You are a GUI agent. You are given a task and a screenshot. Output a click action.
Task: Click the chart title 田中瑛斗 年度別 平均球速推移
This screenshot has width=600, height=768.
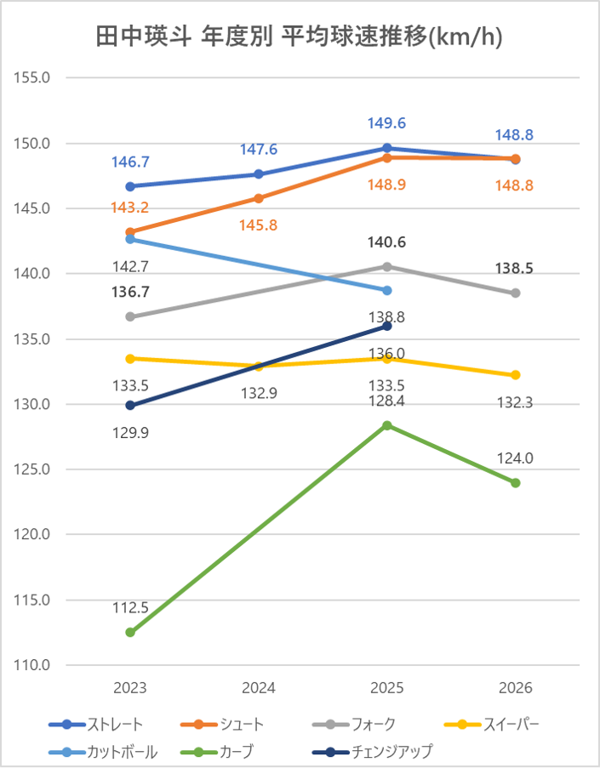pos(260,37)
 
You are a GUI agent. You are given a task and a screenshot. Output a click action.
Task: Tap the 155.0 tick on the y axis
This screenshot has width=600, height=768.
pos(31,77)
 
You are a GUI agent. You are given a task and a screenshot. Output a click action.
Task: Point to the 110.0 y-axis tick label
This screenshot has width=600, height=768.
pos(31,665)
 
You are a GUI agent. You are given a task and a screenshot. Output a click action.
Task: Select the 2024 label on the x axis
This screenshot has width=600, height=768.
pos(259,688)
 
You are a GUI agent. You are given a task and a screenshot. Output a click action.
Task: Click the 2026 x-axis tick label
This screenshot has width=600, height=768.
pos(515,688)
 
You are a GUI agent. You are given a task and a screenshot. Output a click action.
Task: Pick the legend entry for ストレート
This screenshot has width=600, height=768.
pos(96,725)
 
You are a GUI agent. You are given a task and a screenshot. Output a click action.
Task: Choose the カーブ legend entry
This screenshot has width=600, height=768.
pos(217,751)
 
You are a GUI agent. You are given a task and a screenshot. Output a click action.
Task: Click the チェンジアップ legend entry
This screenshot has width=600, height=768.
pos(373,751)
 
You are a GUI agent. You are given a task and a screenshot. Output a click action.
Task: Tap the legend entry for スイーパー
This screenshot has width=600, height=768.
pos(491,725)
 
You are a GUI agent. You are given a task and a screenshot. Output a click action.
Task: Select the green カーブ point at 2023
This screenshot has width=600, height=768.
pos(130,632)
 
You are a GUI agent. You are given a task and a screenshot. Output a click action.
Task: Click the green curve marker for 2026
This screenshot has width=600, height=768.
pos(515,483)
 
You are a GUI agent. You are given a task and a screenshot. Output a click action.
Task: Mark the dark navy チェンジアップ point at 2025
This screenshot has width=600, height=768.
pos(386,327)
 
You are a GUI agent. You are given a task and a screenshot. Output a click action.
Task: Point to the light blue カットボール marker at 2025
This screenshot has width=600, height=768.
pos(386,291)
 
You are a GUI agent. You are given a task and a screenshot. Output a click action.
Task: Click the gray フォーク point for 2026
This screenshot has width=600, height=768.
pos(515,293)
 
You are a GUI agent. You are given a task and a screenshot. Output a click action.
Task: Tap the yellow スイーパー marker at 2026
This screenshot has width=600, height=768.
pos(515,375)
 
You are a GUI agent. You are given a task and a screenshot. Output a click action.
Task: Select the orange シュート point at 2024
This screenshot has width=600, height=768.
pos(259,198)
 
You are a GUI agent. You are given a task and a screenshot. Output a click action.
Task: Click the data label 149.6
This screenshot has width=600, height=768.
pos(386,123)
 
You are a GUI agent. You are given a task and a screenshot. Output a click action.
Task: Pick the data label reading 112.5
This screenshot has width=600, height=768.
pos(130,608)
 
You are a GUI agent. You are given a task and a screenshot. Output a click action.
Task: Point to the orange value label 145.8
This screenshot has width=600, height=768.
pos(259,225)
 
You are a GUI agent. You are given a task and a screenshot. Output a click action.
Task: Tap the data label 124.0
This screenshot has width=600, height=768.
pos(515,458)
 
